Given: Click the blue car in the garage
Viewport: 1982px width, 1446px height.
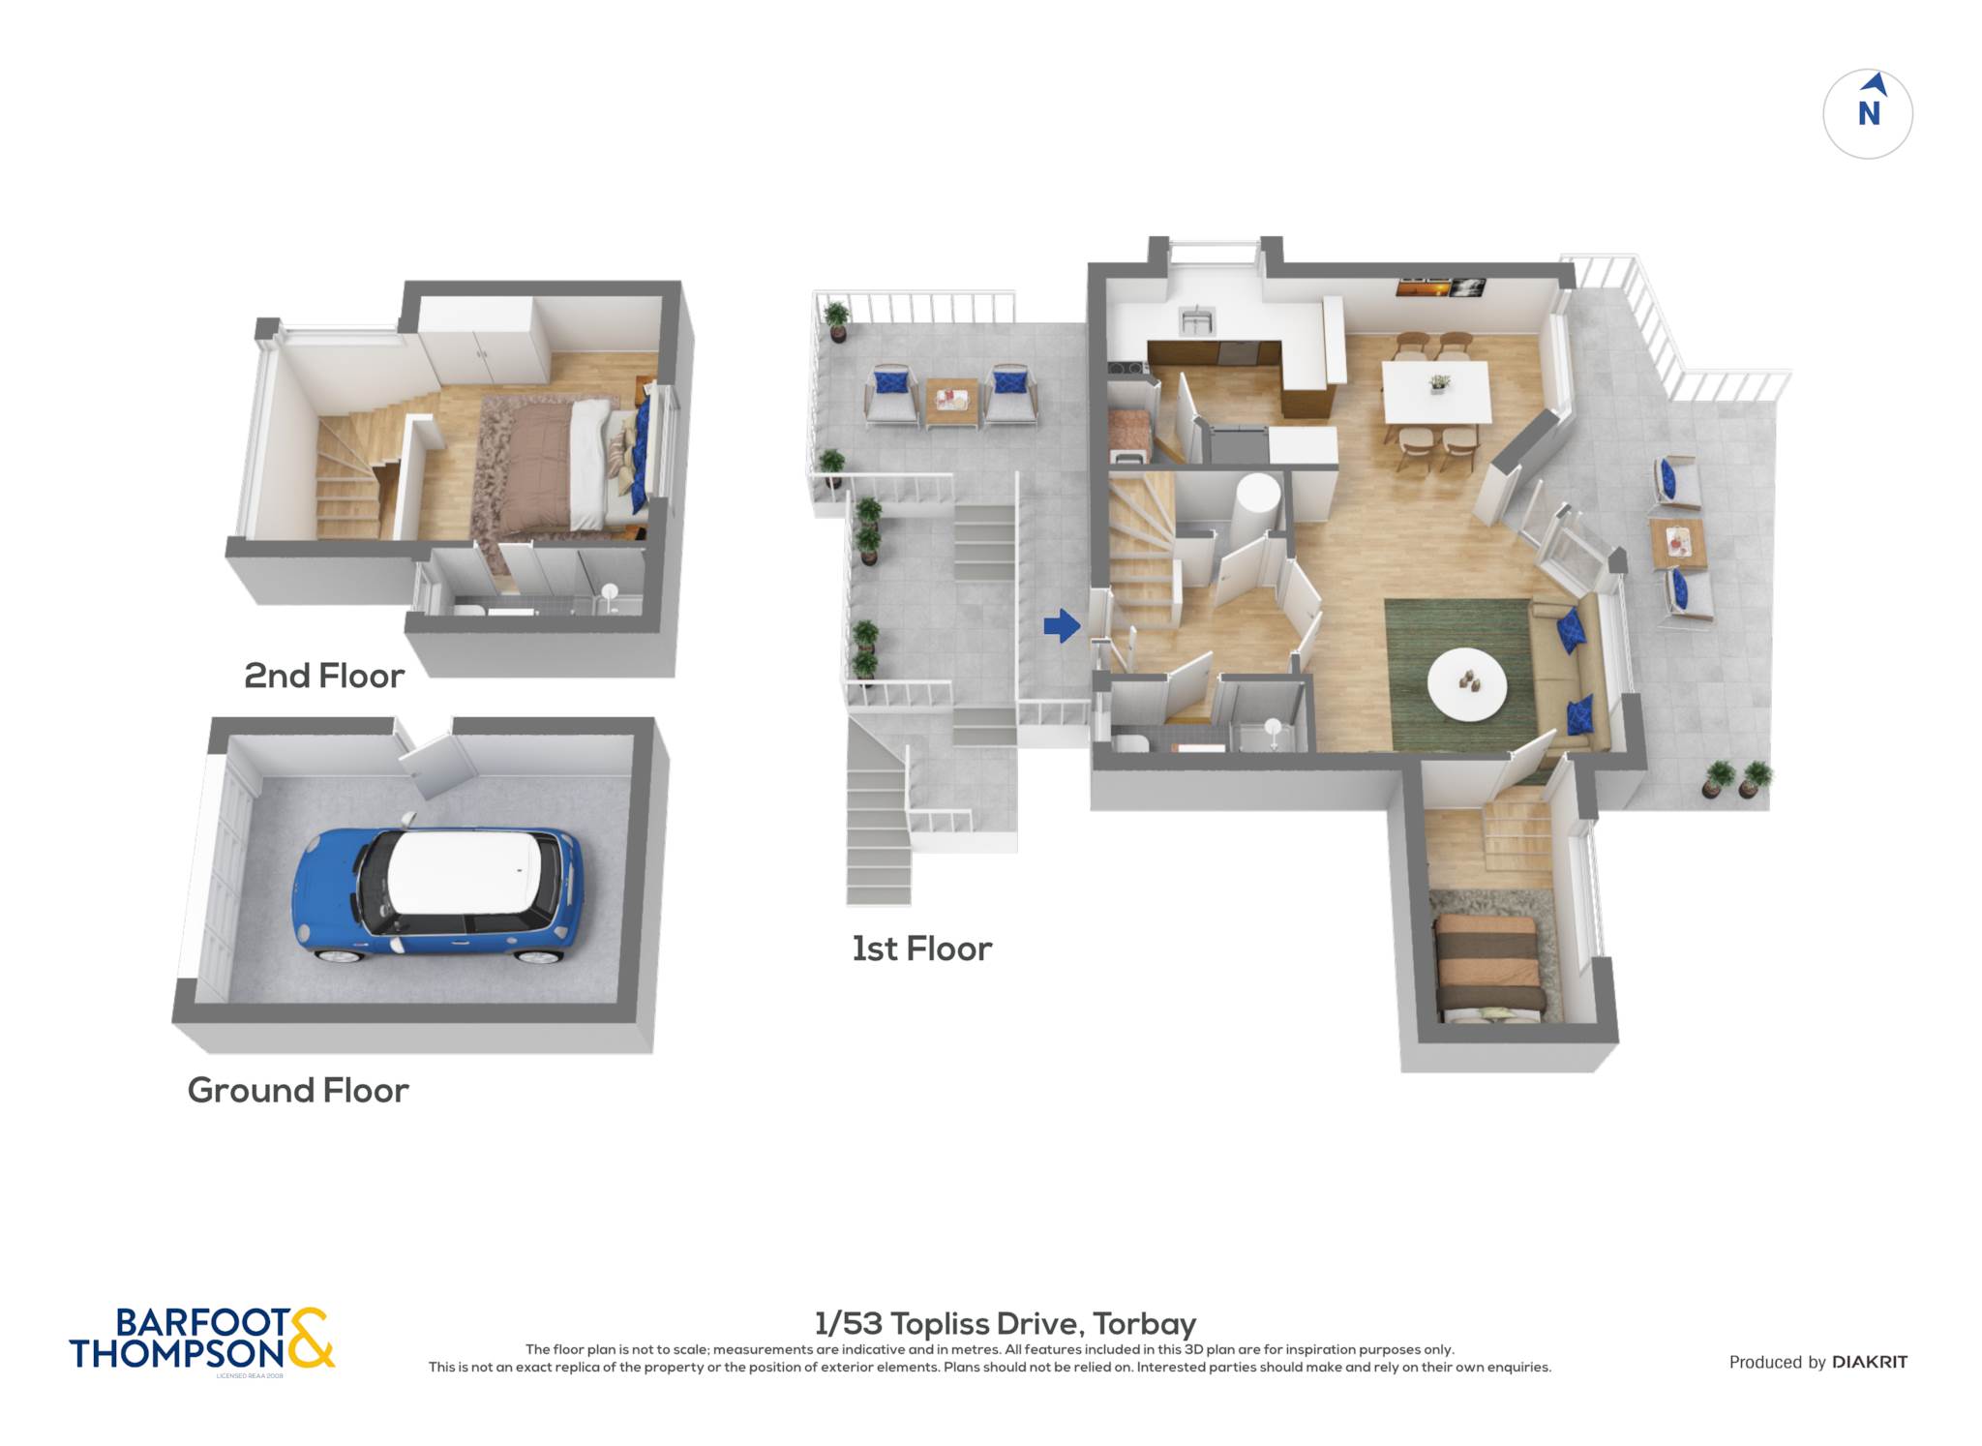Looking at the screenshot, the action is coord(436,895).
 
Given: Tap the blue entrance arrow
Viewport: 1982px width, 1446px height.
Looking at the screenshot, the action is coord(1062,626).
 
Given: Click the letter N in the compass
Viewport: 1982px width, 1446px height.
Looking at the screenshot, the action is coord(1869,114).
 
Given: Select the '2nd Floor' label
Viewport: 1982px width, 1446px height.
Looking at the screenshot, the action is coord(324,676).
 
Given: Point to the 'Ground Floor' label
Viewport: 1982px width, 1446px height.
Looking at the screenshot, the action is coord(298,1091).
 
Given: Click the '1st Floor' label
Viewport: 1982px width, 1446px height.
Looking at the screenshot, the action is coord(921,949).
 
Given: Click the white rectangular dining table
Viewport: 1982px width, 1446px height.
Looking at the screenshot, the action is coord(1436,391).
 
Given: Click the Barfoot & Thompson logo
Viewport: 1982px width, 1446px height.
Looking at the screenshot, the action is coord(201,1340).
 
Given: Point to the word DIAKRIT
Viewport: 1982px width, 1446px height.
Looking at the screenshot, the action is coord(1870,1363).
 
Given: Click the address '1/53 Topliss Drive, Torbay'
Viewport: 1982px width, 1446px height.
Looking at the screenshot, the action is coord(1006,1323).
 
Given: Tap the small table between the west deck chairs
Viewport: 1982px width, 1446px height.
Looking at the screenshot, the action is coord(951,401).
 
